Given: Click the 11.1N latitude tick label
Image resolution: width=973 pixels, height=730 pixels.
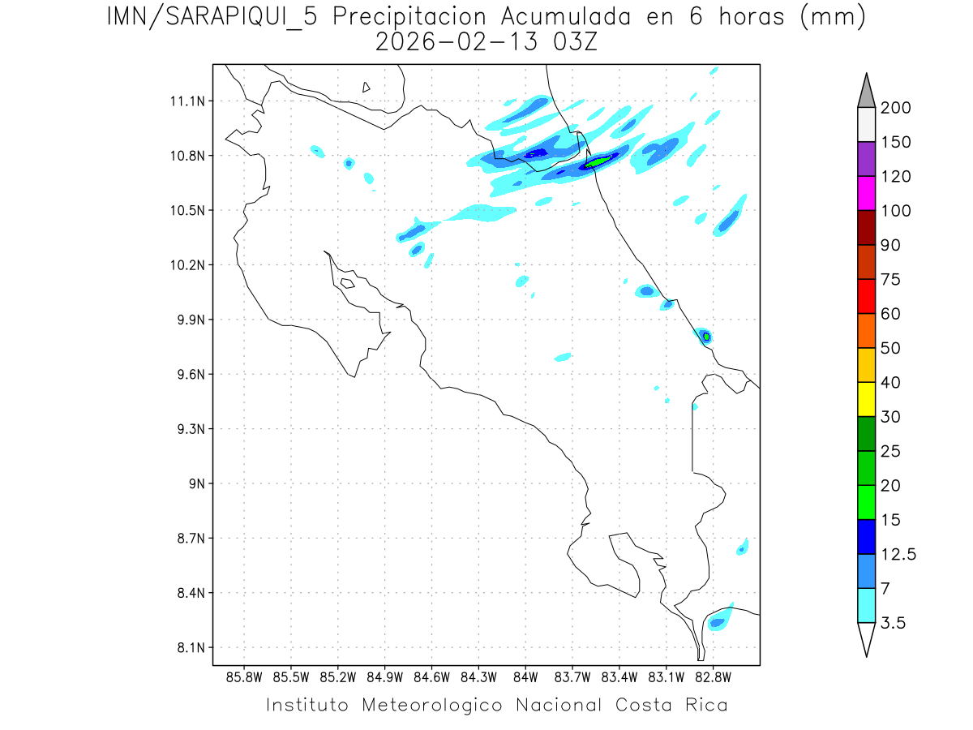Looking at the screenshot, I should [186, 101].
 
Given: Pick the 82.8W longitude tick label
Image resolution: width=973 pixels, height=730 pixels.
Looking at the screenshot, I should [714, 676].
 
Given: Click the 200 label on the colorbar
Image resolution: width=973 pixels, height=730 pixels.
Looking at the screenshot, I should [895, 108].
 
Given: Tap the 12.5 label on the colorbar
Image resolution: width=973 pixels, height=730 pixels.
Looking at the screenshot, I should [898, 555].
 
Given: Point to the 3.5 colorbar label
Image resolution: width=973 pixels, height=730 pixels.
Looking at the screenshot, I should [893, 623].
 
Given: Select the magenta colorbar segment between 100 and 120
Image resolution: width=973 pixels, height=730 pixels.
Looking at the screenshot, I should [866, 193].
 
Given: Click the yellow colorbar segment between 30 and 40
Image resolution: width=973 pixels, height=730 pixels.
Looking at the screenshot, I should [866, 399].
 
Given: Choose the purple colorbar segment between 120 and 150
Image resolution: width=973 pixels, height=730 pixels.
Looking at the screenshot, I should [866, 159].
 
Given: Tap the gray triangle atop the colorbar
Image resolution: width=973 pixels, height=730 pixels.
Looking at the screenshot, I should [866, 91].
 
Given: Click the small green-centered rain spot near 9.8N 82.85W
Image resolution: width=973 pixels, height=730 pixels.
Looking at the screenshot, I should [706, 336].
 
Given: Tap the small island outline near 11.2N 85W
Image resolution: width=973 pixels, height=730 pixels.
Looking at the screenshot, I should [366, 87].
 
